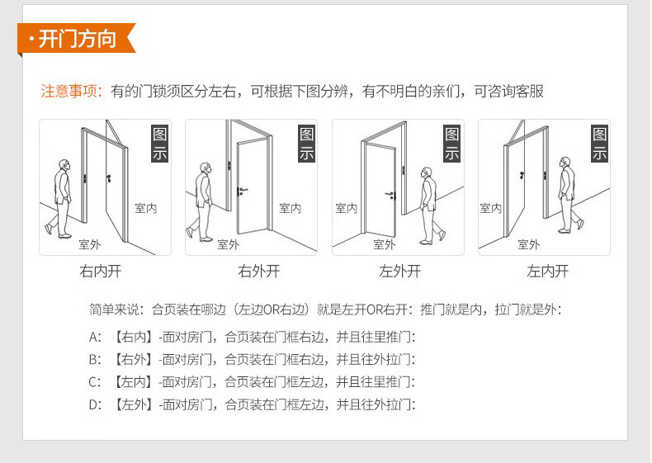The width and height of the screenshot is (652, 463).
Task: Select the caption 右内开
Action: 100,271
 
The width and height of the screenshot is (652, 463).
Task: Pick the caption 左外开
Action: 399,271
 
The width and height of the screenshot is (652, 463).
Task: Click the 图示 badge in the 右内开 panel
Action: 158,144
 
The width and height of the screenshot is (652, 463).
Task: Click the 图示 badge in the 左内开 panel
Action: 599,144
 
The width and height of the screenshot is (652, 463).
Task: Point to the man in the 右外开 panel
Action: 201,201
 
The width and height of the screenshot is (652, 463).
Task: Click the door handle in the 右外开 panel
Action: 241,191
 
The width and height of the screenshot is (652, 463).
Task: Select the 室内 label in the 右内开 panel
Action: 145,209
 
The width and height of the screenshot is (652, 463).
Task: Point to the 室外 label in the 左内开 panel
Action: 528,244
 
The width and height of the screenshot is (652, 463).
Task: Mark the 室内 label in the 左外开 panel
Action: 347,209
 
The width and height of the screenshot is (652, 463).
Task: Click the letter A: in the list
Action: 95,337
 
